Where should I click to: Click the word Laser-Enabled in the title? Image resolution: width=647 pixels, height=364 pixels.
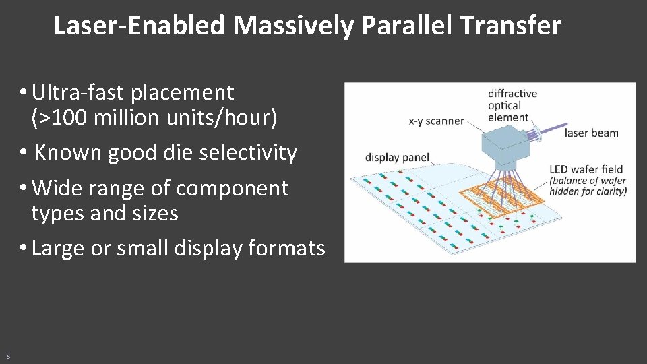click(139, 26)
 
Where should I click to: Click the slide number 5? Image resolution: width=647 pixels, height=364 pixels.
click(8, 356)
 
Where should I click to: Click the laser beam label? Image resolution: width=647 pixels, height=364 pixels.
click(591, 133)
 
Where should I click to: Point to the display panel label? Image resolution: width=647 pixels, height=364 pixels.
click(397, 158)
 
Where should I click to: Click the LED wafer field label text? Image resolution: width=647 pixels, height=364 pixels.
click(586, 169)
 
